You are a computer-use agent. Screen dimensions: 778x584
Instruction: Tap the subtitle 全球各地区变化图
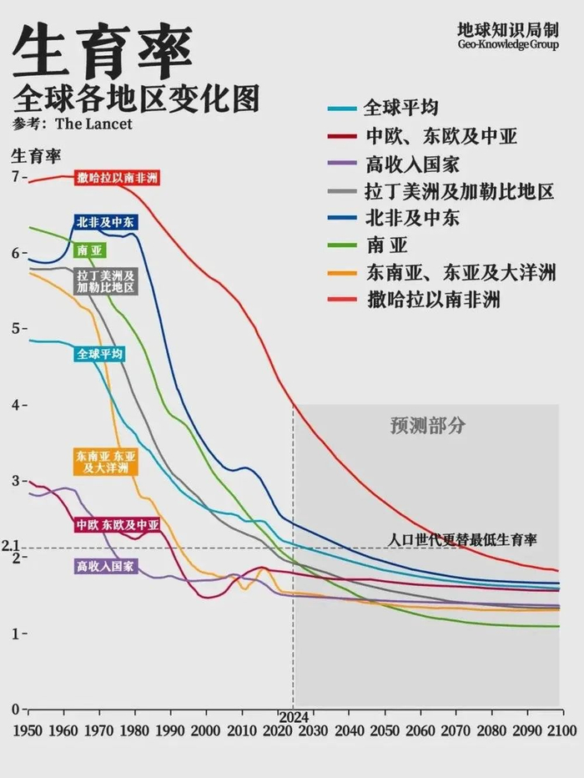pyautogui.click(x=135, y=99)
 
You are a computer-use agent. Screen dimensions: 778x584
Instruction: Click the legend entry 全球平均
pyautogui.click(x=400, y=109)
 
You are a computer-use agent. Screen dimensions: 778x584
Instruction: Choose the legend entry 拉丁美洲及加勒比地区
pyautogui.click(x=459, y=191)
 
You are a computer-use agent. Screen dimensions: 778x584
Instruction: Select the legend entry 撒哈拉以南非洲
pyautogui.click(x=433, y=300)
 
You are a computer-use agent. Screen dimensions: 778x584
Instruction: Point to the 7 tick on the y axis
pyautogui.click(x=14, y=177)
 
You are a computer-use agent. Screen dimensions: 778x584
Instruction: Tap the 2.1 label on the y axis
pyautogui.click(x=10, y=547)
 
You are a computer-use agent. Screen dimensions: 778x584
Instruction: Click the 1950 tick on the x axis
pyautogui.click(x=28, y=729)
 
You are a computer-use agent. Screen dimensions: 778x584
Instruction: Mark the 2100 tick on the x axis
pyautogui.click(x=563, y=729)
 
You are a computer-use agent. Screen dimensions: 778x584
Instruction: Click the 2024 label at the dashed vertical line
pyautogui.click(x=293, y=716)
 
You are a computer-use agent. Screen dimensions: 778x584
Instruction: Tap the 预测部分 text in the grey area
pyautogui.click(x=428, y=426)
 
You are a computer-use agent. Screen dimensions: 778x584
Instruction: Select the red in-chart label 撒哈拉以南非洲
pyautogui.click(x=116, y=178)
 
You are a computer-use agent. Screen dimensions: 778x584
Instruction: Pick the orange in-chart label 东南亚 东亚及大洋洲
pyautogui.click(x=105, y=462)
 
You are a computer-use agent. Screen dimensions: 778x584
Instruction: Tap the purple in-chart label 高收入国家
pyautogui.click(x=105, y=567)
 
